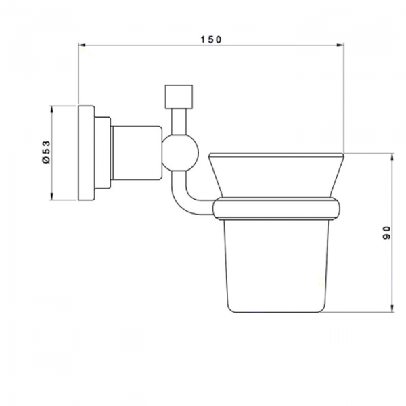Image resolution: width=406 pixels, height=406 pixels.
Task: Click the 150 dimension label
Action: coord(211,40)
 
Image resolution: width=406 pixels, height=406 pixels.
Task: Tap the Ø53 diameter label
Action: coord(46,152)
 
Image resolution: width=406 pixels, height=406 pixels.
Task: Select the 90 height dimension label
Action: coord(386,233)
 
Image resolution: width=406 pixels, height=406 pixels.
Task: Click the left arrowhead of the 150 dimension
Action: coord(83,45)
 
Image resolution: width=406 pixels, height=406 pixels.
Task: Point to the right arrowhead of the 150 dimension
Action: coord(340,45)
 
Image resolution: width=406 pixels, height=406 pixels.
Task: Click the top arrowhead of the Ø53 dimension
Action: coord(52,109)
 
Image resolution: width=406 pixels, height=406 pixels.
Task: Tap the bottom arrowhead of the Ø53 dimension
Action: coord(52,196)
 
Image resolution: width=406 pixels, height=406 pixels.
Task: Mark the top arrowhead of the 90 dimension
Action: coord(392,157)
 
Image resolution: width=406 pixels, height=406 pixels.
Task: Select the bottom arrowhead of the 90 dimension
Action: coord(392,308)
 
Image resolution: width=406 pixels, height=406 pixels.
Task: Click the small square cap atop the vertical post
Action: coord(179,97)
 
